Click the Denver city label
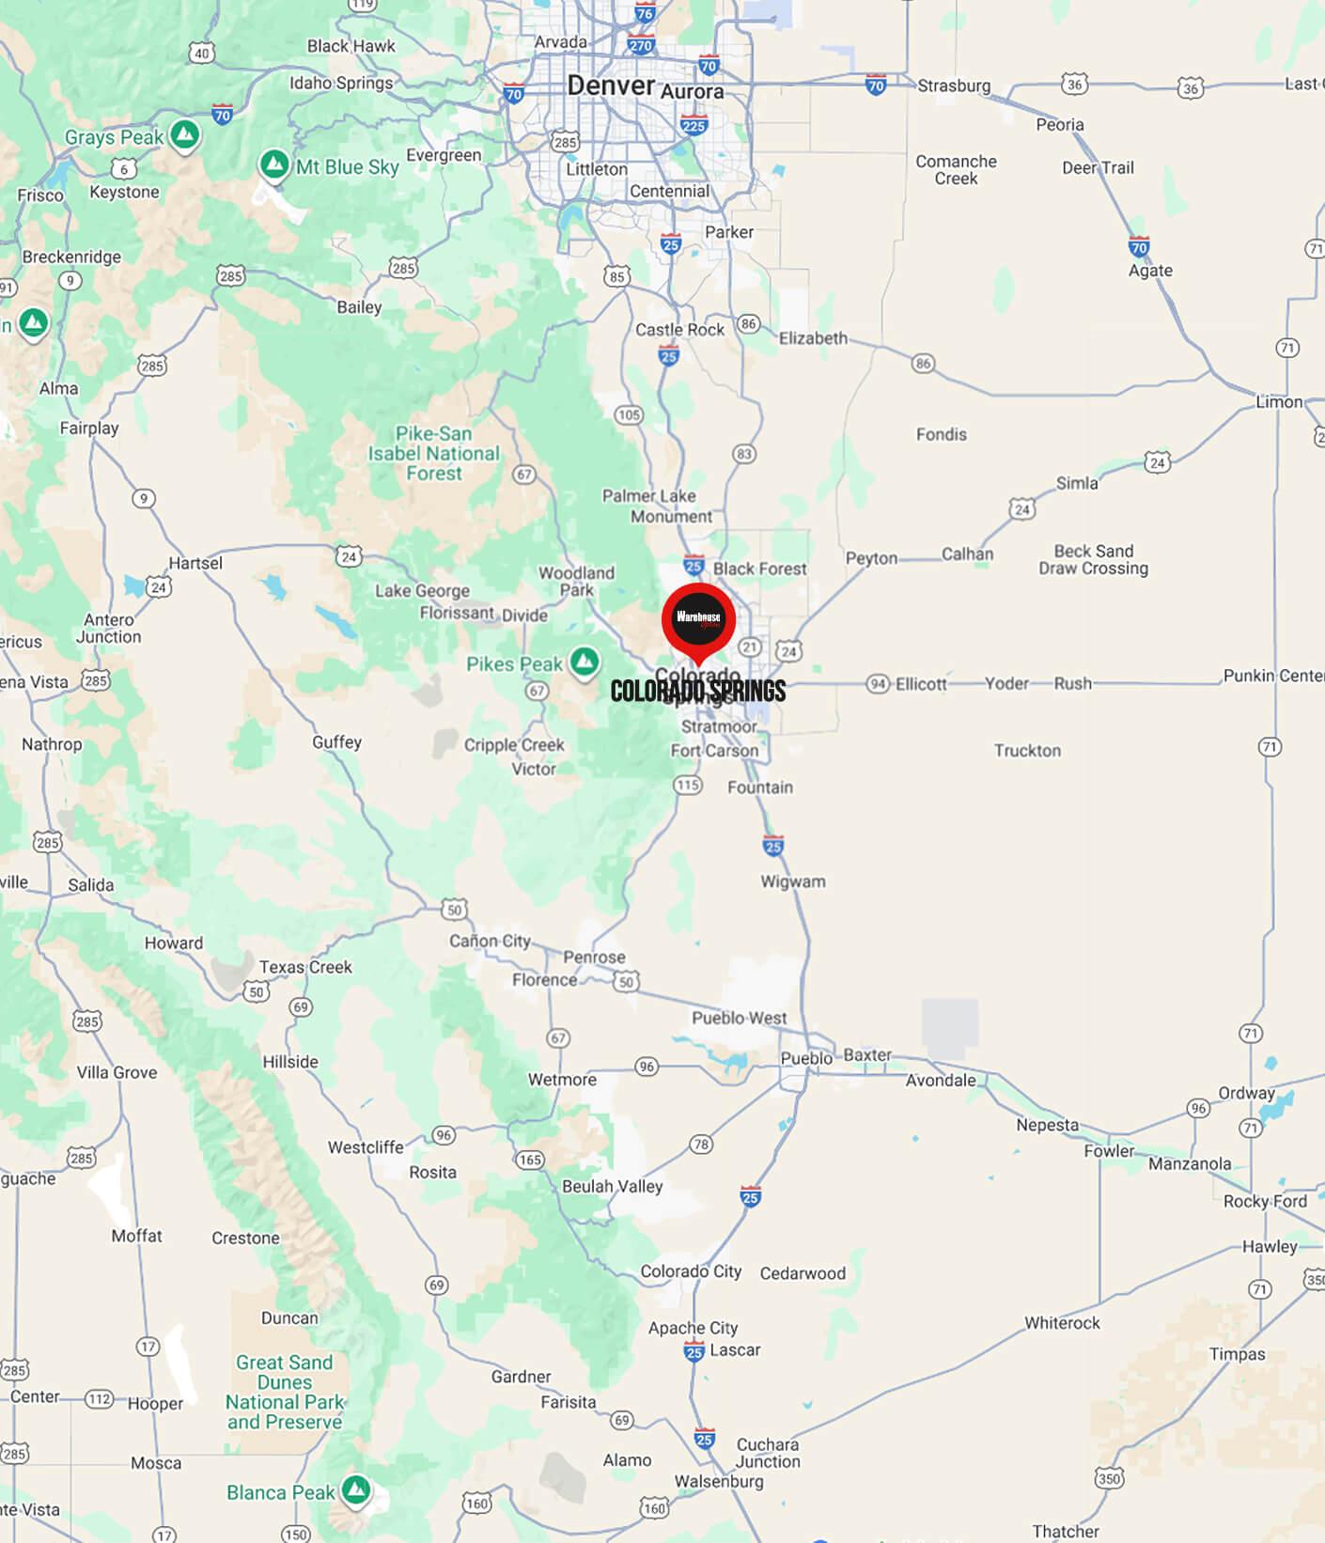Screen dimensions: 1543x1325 pyautogui.click(x=611, y=86)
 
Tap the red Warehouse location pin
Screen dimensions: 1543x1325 pyautogui.click(x=698, y=619)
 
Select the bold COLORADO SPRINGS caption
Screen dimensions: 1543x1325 pyautogui.click(x=698, y=692)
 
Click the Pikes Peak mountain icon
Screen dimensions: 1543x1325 pyautogui.click(x=585, y=661)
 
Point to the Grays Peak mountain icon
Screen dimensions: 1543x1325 pyautogui.click(x=186, y=135)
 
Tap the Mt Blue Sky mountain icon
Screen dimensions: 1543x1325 pyautogui.click(x=273, y=164)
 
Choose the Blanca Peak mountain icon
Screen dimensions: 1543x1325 pyautogui.click(x=355, y=1488)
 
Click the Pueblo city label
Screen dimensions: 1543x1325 pyautogui.click(x=806, y=1058)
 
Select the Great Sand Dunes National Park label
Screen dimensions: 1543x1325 pyautogui.click(x=285, y=1392)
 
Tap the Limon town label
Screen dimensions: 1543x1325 pyautogui.click(x=1279, y=402)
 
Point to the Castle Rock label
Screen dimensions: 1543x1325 pyautogui.click(x=679, y=330)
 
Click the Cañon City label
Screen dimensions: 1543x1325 pyautogui.click(x=490, y=941)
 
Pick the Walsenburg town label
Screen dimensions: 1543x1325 pyautogui.click(x=719, y=1482)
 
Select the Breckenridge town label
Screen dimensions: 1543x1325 pyautogui.click(x=71, y=257)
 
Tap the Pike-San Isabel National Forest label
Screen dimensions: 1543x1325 pyautogui.click(x=433, y=454)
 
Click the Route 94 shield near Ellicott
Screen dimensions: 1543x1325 pyautogui.click(x=878, y=683)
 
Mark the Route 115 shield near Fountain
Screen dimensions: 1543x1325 pyautogui.click(x=688, y=785)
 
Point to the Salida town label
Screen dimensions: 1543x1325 pyautogui.click(x=90, y=885)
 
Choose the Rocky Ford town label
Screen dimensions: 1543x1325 pyautogui.click(x=1265, y=1201)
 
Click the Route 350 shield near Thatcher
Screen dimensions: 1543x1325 pyautogui.click(x=1109, y=1478)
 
